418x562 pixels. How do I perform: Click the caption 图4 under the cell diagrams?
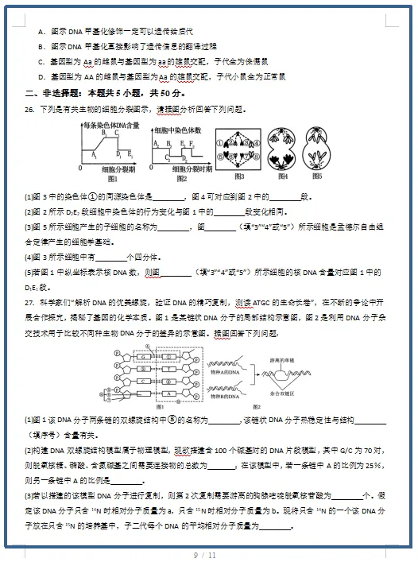281,176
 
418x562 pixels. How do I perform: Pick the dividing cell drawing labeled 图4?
282,149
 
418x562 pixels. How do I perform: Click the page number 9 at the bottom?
195,553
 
